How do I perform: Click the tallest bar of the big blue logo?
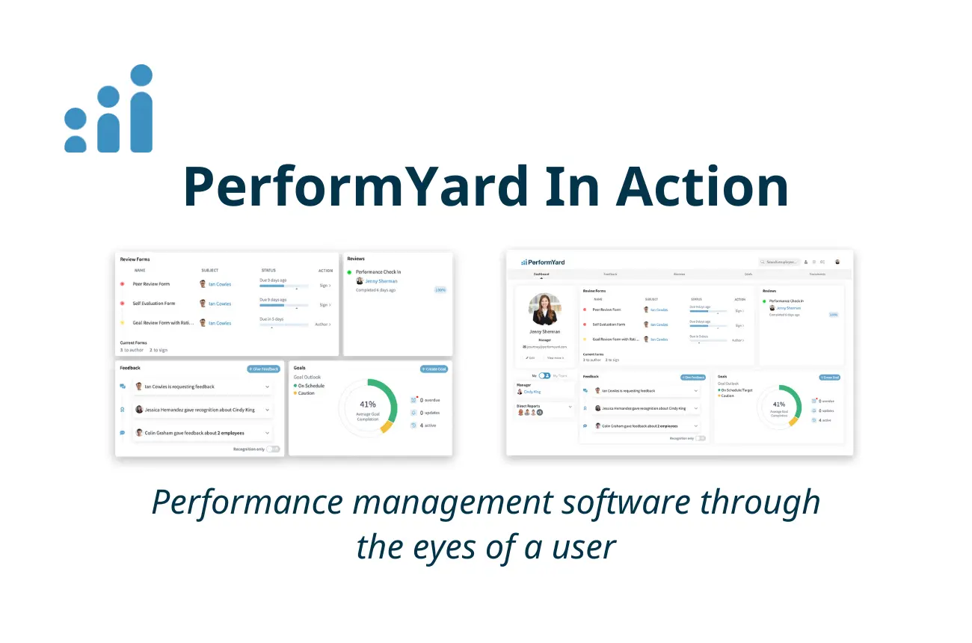click(140, 123)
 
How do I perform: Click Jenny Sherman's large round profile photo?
click(544, 308)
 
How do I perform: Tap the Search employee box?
click(779, 262)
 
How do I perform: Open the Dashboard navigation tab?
click(541, 274)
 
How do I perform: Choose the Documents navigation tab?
click(816, 274)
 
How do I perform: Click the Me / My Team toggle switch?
click(544, 375)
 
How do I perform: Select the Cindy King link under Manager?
click(532, 392)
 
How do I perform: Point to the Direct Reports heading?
click(528, 405)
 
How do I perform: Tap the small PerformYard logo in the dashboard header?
click(543, 262)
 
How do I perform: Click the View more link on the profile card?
click(556, 357)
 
